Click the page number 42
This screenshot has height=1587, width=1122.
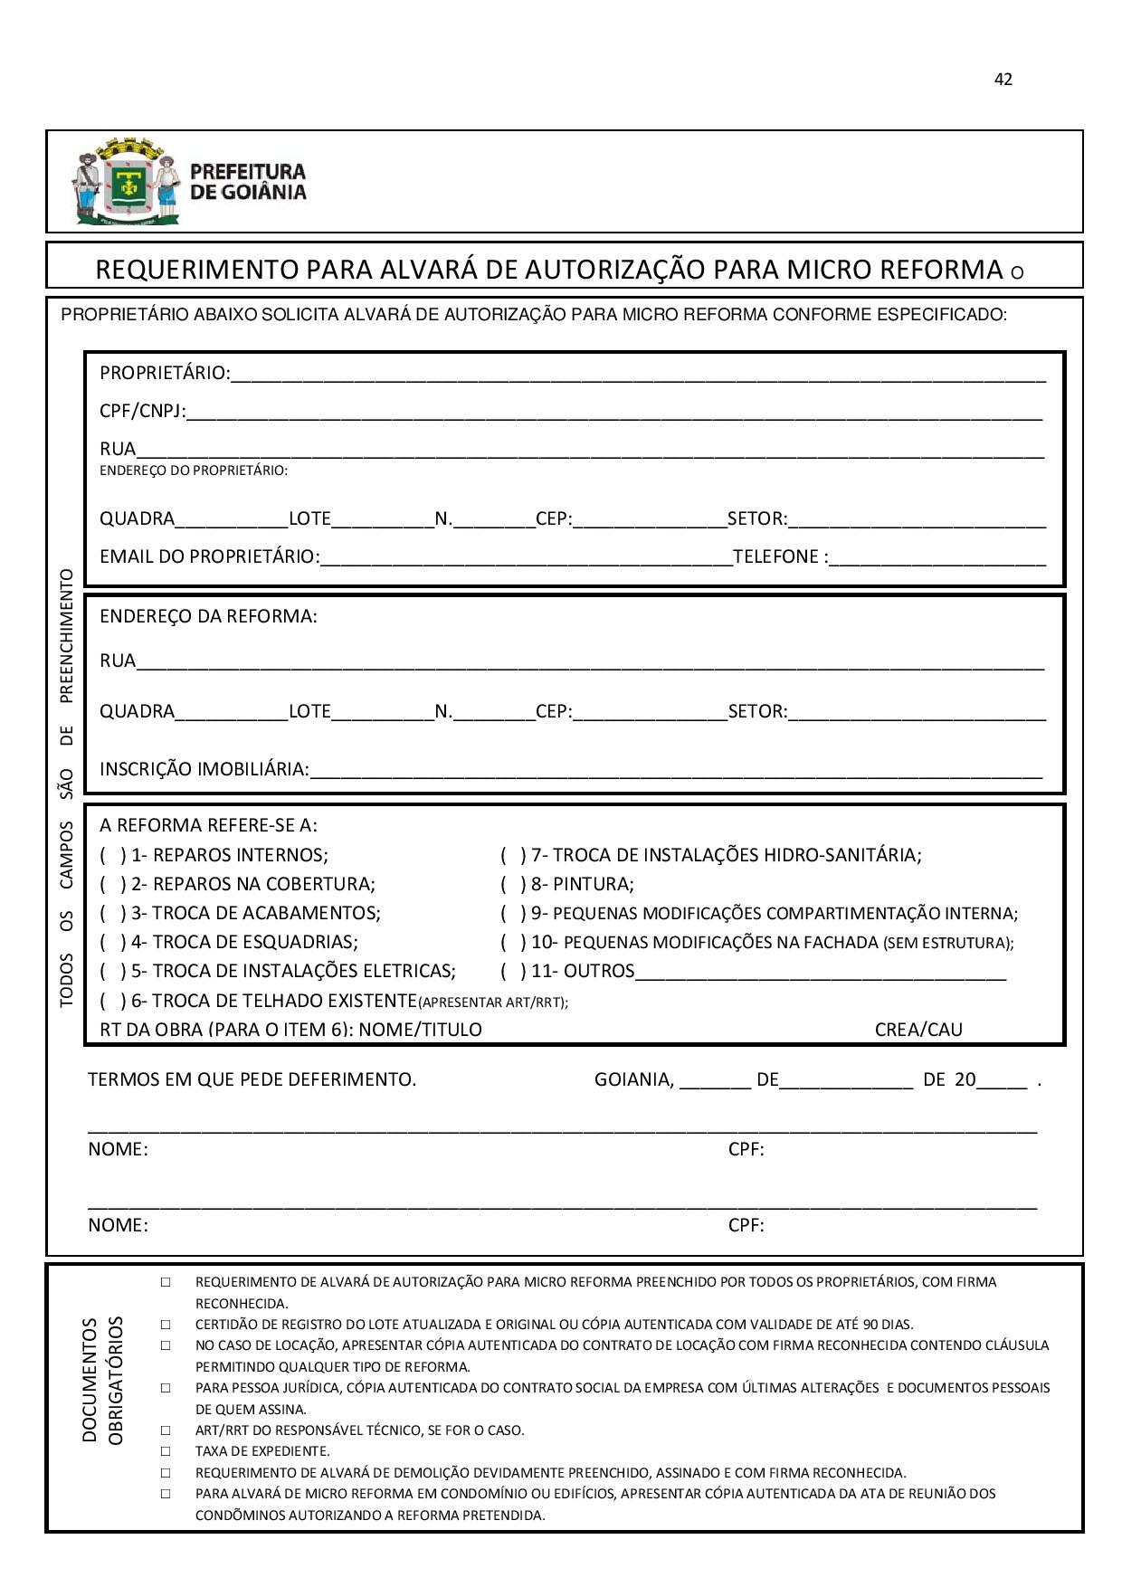click(1003, 80)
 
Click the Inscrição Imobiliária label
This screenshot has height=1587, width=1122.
click(204, 770)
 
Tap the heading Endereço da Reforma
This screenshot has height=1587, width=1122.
click(208, 617)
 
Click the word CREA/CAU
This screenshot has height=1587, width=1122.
click(918, 1030)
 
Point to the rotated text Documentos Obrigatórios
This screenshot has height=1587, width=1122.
click(102, 1380)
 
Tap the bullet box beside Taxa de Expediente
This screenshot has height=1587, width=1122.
click(166, 1451)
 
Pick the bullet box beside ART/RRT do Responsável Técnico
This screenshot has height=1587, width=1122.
click(166, 1430)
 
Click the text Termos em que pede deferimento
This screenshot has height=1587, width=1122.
click(252, 1079)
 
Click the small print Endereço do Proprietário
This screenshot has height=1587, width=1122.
click(194, 470)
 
